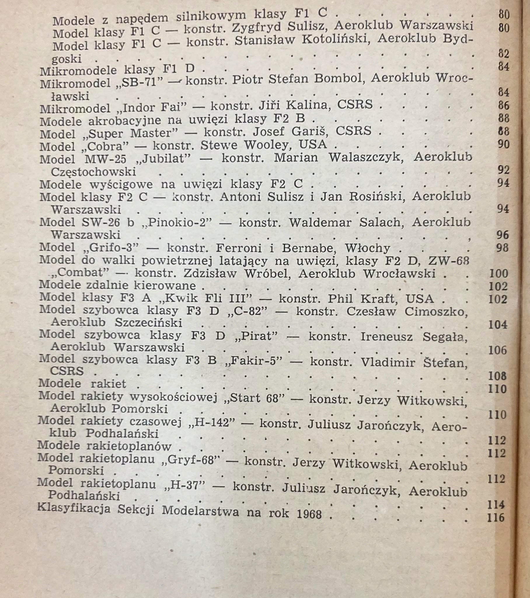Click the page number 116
click(x=496, y=517)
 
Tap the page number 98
click(x=503, y=248)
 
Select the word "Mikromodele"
click(x=78, y=70)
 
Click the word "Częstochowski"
click(x=94, y=171)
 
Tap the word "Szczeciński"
click(x=149, y=322)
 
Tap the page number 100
click(x=498, y=273)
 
